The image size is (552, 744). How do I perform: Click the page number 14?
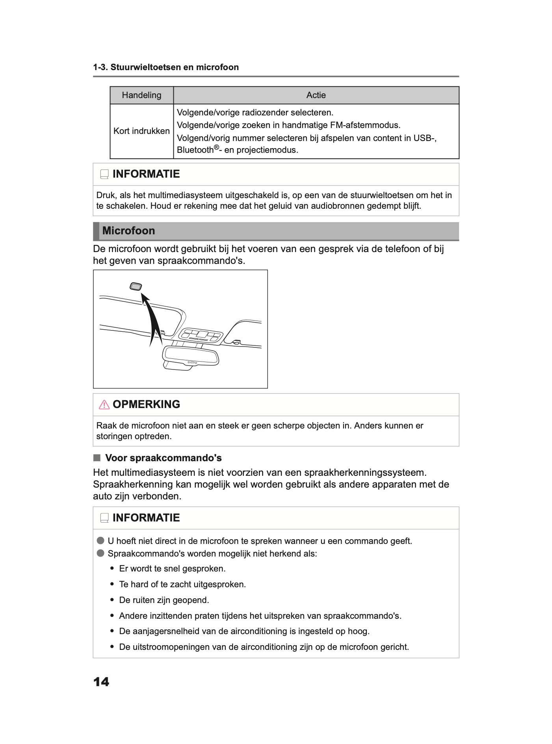101,682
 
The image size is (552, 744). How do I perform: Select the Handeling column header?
141,95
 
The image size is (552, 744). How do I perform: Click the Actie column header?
316,95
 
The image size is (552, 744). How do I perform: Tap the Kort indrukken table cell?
141,131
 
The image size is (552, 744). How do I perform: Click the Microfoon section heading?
128,231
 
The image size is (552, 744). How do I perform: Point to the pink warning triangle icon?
104,404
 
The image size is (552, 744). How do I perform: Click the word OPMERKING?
146,404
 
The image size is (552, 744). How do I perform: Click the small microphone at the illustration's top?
136,286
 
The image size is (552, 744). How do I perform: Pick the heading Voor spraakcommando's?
163,458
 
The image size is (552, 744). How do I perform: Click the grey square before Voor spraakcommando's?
97,458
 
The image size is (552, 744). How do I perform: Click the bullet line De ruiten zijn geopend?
164,600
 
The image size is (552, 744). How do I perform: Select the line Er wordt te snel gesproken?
172,569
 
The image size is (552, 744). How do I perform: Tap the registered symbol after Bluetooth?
216,148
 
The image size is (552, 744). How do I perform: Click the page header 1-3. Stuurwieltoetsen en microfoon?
166,67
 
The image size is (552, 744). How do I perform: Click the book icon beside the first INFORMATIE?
104,174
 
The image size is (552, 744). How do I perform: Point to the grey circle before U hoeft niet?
100,540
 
